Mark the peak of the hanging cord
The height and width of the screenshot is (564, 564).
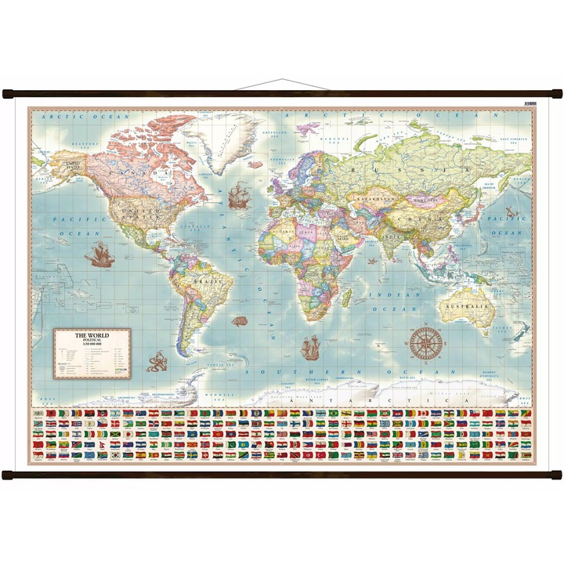click(281, 79)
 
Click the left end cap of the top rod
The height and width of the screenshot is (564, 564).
click(9, 95)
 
